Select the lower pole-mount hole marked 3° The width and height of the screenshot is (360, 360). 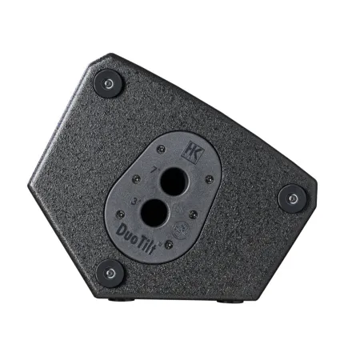[154, 214]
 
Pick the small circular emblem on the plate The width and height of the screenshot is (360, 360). [182, 228]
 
